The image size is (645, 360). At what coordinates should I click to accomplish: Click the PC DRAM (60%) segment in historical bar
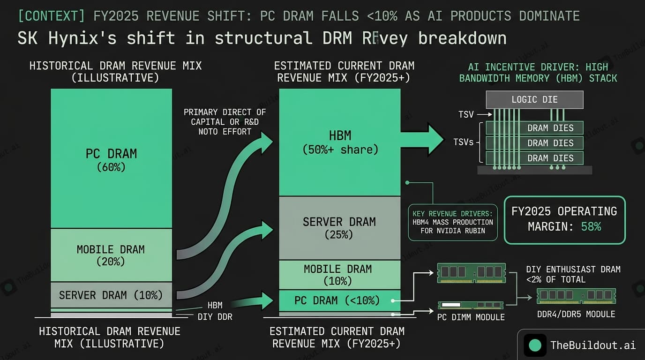point(111,159)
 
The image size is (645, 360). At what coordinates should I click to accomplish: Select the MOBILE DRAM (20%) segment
point(111,255)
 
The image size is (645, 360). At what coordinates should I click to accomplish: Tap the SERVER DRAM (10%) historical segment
point(111,295)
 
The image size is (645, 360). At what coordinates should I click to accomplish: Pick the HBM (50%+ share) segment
point(340,142)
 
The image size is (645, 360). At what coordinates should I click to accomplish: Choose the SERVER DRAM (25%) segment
point(340,227)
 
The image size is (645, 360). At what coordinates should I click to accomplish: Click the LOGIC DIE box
point(534,100)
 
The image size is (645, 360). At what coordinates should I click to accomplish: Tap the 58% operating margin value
point(591,227)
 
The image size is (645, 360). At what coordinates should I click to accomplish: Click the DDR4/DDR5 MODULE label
point(576,314)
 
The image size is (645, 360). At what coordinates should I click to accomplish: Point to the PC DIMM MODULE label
point(471,317)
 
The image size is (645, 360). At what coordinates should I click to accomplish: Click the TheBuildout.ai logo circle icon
point(535,345)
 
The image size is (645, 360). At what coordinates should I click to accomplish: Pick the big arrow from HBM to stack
point(422,139)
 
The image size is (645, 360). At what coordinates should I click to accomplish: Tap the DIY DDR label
point(215,317)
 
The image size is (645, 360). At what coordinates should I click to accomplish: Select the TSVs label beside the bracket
point(464,142)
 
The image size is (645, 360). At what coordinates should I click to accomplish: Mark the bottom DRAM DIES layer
point(534,158)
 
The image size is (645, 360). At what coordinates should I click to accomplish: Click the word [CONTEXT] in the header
point(51,16)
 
